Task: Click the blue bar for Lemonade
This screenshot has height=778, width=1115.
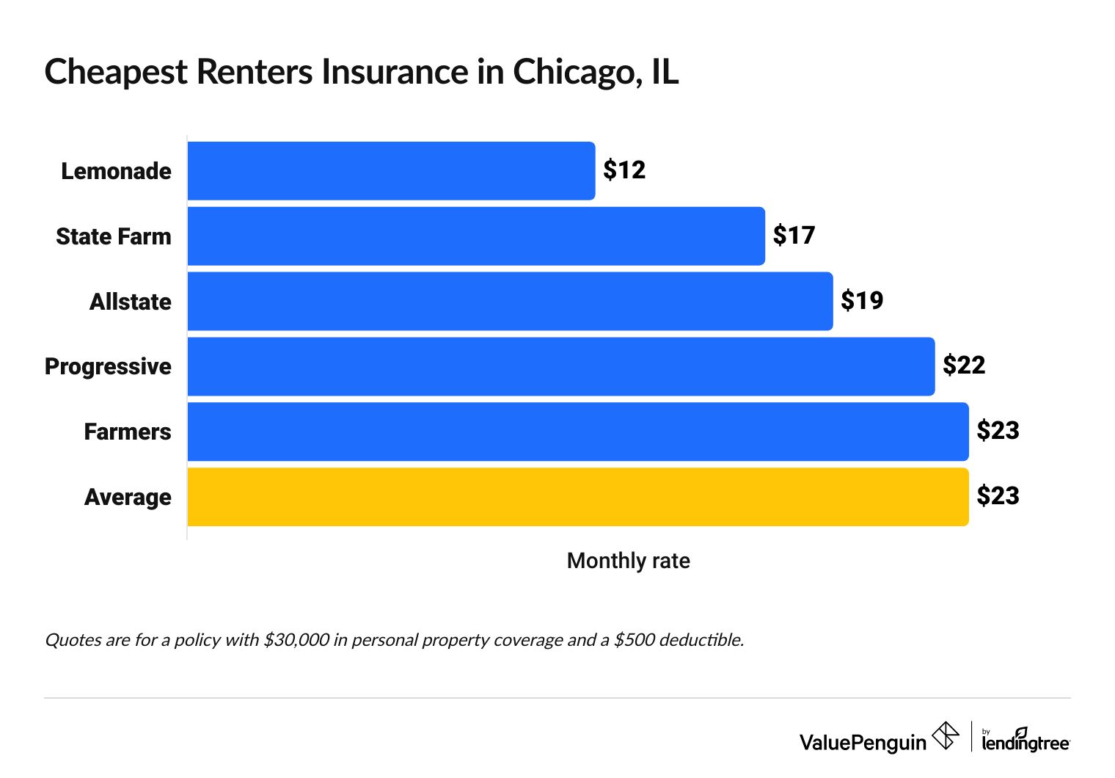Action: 391,171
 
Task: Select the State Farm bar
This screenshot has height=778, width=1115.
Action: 476,236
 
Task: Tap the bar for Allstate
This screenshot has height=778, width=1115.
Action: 510,301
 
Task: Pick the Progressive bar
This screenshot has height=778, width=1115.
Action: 561,366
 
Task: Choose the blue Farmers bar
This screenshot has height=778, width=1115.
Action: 578,432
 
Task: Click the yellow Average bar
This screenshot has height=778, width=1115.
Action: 578,497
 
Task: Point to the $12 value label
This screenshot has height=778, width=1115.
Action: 624,170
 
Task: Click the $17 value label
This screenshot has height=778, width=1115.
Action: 794,236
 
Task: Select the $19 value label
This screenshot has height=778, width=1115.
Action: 862,301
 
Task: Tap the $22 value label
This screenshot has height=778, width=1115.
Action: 964,366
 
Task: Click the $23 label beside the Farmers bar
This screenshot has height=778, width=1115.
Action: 998,431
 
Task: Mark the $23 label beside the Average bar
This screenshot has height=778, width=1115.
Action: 998,496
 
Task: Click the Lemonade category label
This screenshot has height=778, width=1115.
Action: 116,171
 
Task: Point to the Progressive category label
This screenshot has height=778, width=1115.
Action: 108,366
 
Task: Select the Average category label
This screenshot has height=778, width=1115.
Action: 128,497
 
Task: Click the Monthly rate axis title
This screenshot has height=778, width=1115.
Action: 628,561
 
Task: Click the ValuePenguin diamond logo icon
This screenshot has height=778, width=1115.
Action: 946,735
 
